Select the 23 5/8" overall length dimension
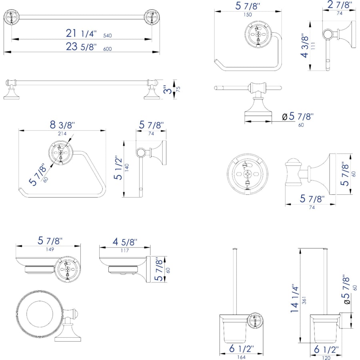(82, 47)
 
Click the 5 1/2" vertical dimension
(118, 168)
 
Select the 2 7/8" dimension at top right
(339, 6)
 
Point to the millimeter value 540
(107, 36)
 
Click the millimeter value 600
(107, 49)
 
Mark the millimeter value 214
(62, 134)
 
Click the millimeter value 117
(124, 250)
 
